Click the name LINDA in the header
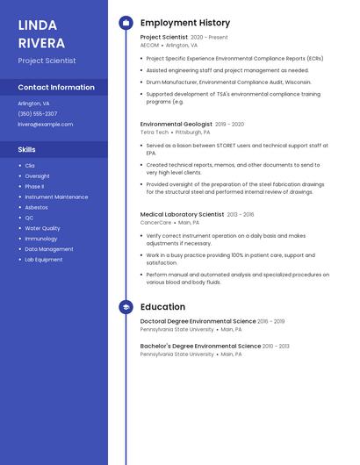coord(38,25)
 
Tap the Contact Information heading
coord(56,87)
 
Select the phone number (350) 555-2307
coord(38,113)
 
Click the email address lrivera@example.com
coord(46,124)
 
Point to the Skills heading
coord(27,149)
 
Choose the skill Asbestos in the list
coord(37,207)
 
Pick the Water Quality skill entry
coord(42,228)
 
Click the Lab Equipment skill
coord(43,260)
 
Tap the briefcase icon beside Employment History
coord(126,23)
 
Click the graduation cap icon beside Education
coord(126,307)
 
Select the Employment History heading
coord(185,23)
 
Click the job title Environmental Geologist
coord(176,125)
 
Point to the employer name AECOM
coord(149,45)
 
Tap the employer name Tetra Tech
coord(154,132)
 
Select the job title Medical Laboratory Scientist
coord(182,214)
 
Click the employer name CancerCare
coord(156,222)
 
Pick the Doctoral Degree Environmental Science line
coord(198,321)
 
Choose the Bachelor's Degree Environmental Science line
coord(200,346)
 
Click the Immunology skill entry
coord(41,239)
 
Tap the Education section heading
coord(162,307)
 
